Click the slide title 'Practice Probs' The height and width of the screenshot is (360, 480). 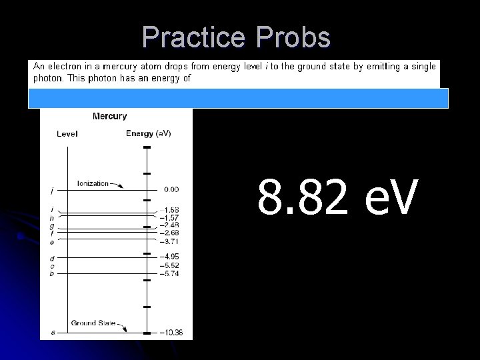click(x=236, y=37)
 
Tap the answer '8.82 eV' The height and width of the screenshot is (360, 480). click(x=338, y=198)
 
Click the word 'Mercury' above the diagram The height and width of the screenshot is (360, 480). click(x=109, y=117)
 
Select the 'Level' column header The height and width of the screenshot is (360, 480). click(x=67, y=133)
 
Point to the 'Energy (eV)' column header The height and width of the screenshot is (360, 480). click(x=148, y=133)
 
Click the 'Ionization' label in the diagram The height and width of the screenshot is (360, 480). click(x=93, y=183)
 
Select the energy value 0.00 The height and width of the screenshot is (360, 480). click(x=171, y=190)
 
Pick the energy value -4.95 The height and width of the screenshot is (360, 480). click(x=169, y=257)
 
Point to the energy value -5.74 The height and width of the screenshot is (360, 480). click(x=169, y=274)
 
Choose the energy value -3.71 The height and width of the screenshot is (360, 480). click(x=169, y=241)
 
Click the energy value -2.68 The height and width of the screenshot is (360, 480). click(x=169, y=233)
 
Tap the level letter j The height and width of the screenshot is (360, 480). click(x=52, y=191)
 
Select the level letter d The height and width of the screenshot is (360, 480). click(x=52, y=258)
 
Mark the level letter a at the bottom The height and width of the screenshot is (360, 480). click(x=53, y=332)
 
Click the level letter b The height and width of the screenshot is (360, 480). click(x=52, y=274)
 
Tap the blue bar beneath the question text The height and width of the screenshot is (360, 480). click(x=238, y=98)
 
